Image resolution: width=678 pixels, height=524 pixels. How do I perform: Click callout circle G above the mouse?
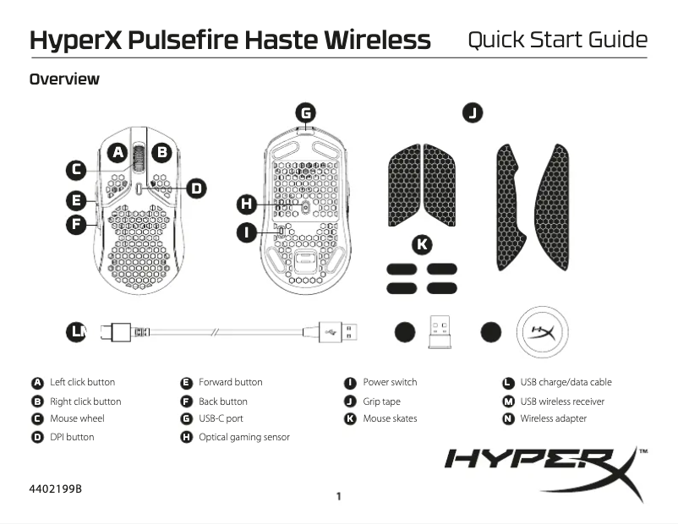(306, 113)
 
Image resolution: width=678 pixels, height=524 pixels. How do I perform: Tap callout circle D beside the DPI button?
(196, 188)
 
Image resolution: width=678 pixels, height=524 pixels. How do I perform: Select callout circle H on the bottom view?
(247, 204)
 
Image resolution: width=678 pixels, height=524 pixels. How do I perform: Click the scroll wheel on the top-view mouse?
(139, 158)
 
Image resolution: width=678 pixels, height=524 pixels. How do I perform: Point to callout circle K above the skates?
(422, 245)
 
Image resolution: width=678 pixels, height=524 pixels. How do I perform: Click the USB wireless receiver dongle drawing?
(440, 331)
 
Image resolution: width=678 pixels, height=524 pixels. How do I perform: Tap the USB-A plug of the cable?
(338, 332)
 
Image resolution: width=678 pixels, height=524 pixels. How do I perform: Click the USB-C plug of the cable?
(116, 332)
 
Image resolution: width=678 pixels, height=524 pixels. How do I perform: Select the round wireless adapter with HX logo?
(542, 332)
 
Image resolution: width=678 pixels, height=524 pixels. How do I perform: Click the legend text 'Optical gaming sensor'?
(244, 437)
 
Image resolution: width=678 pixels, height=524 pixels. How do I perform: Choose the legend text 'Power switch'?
(390, 382)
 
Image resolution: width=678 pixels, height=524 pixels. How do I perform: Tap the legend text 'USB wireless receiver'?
(562, 401)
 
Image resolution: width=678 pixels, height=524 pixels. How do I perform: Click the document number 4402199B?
(55, 489)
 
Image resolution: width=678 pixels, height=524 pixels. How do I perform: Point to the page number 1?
(338, 496)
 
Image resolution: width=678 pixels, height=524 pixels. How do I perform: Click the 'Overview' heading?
(64, 79)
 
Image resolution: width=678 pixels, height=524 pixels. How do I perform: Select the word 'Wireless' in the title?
(378, 40)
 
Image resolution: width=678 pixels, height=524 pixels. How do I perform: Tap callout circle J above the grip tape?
(473, 113)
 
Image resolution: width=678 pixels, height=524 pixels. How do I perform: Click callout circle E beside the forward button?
(76, 201)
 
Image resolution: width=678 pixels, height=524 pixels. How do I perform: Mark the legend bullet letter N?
(509, 419)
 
